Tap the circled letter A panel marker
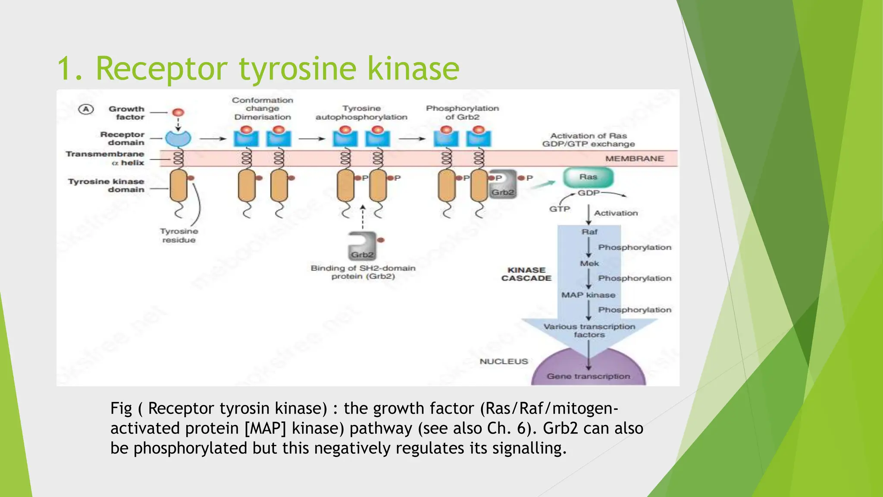tap(86, 109)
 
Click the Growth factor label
tap(126, 113)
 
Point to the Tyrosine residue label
tap(179, 236)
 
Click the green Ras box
tap(588, 177)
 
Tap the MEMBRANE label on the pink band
tap(634, 159)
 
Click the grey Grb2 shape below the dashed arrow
tap(362, 247)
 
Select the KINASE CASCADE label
tap(526, 274)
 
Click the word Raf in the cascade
tap(589, 232)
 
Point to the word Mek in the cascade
tap(589, 264)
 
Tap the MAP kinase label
tap(588, 295)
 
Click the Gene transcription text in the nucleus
tap(588, 376)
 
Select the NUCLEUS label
tap(504, 362)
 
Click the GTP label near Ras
tap(559, 209)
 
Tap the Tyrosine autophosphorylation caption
tap(361, 113)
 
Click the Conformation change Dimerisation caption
tap(263, 108)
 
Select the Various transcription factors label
tap(589, 330)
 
